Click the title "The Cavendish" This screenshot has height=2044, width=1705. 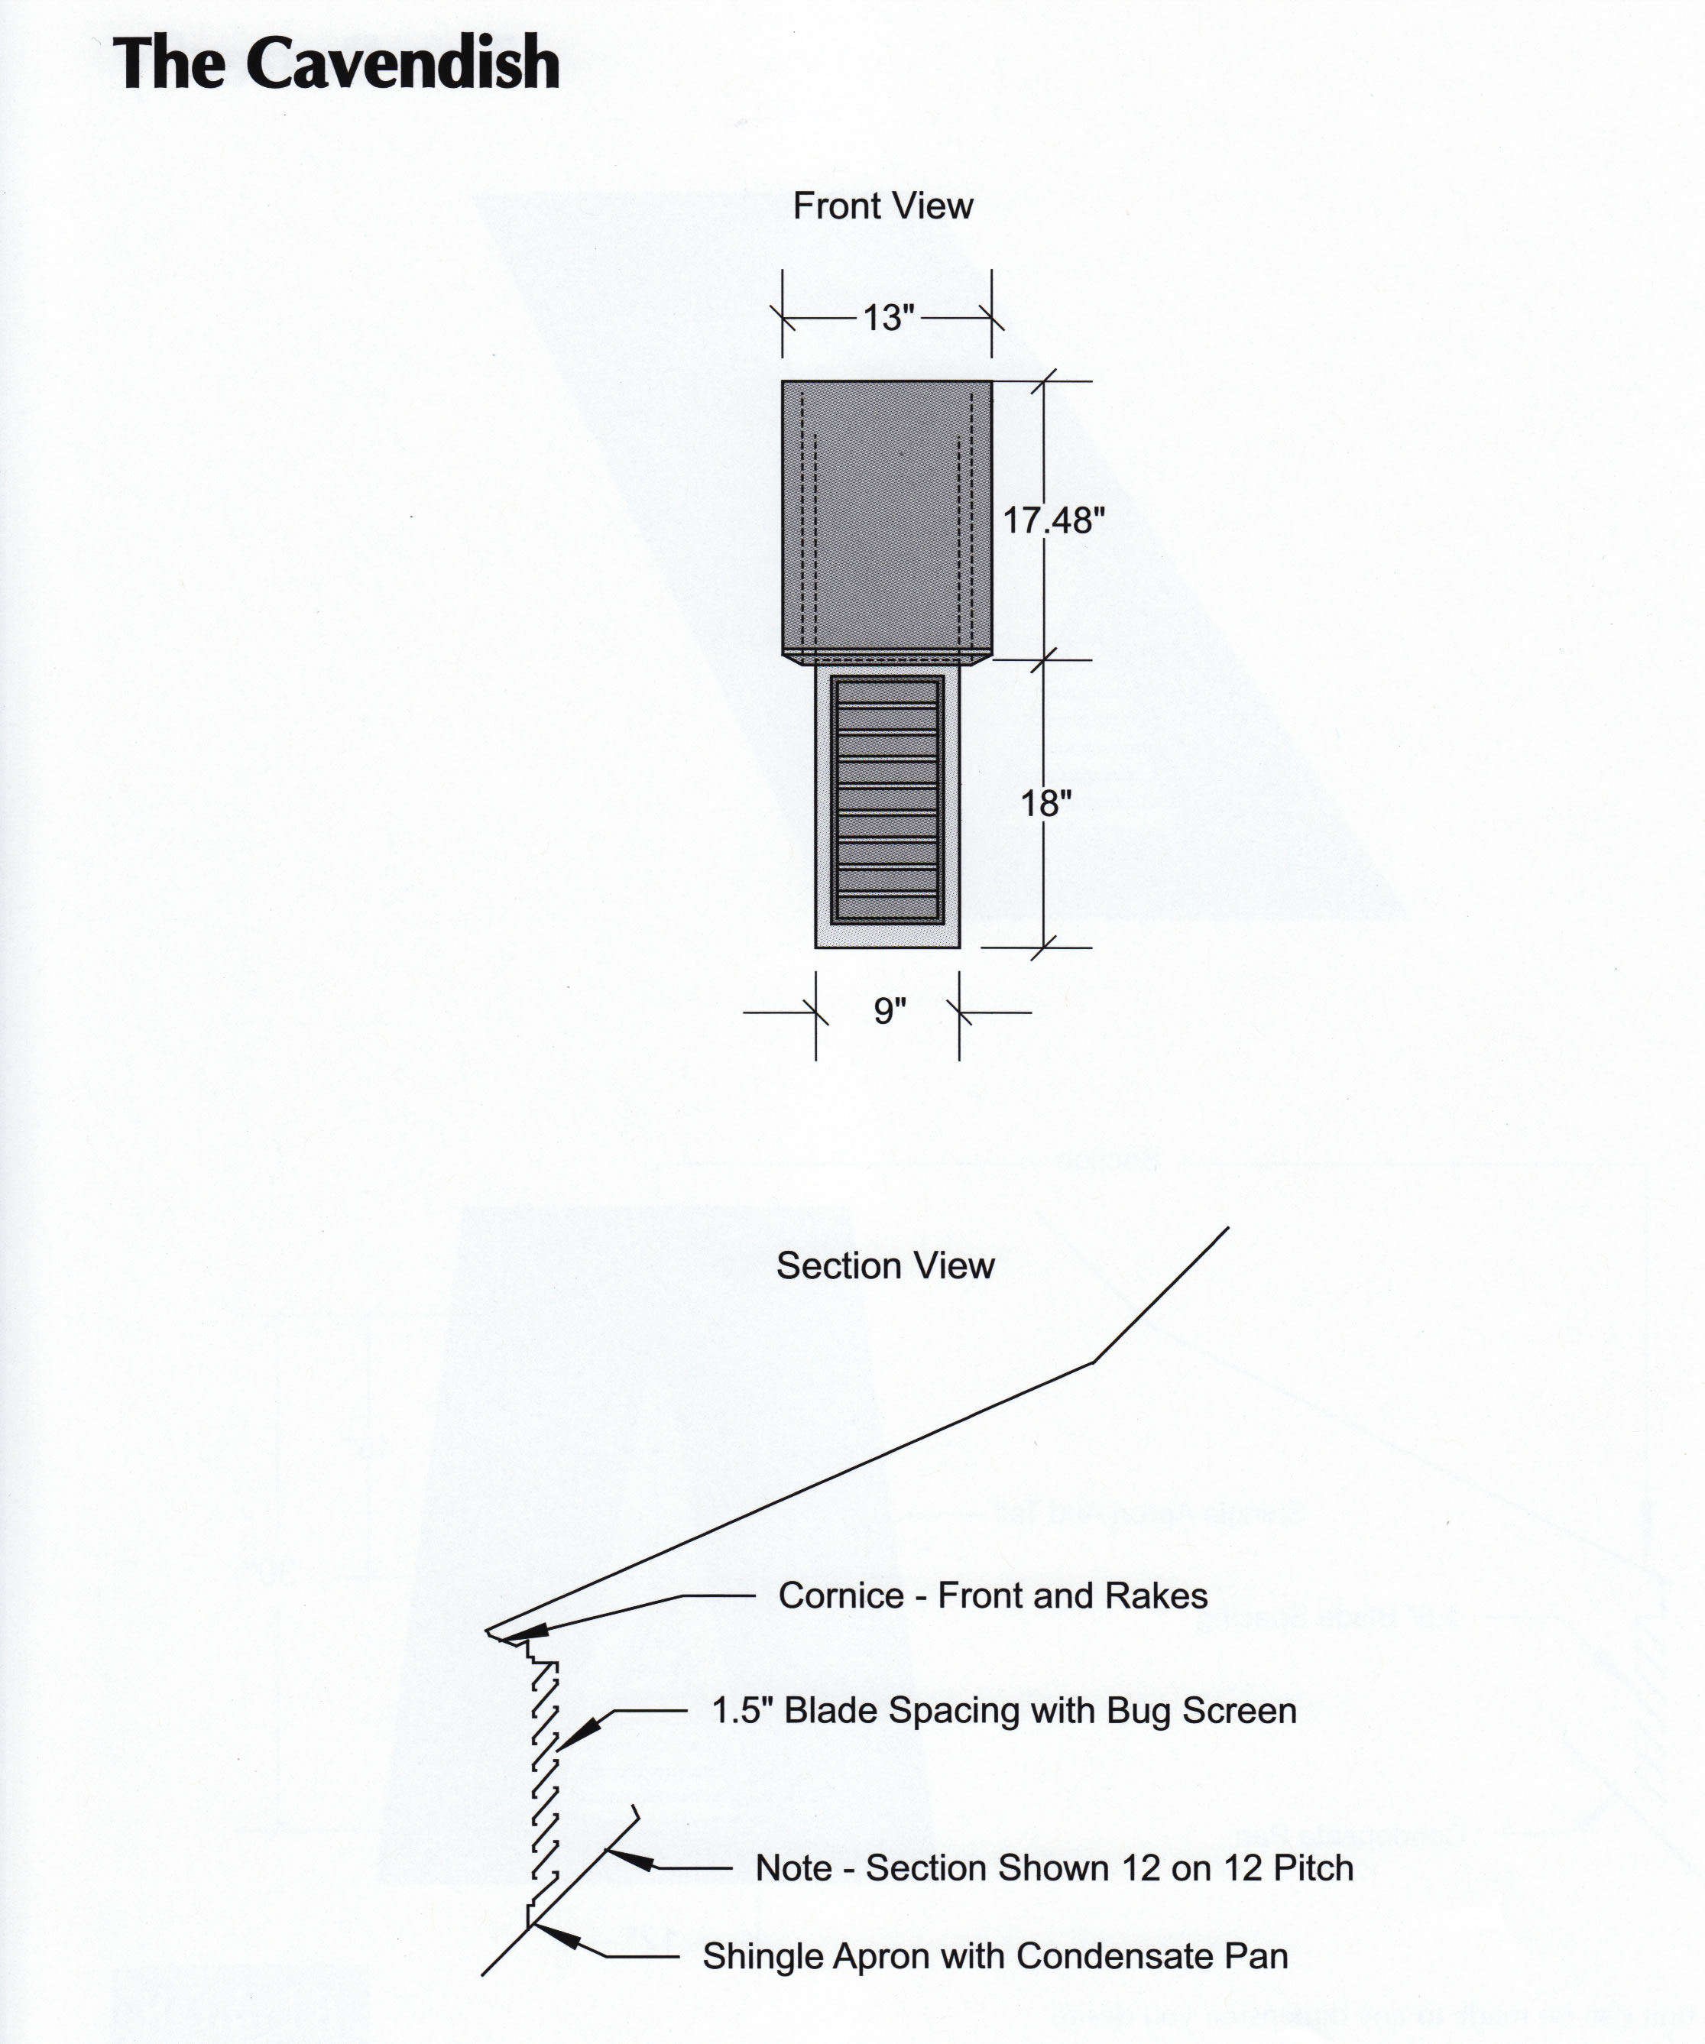[x=336, y=63]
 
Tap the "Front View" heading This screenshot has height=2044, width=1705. [x=883, y=206]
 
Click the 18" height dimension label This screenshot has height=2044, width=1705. [x=1045, y=803]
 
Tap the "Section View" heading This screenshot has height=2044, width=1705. [x=885, y=1265]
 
